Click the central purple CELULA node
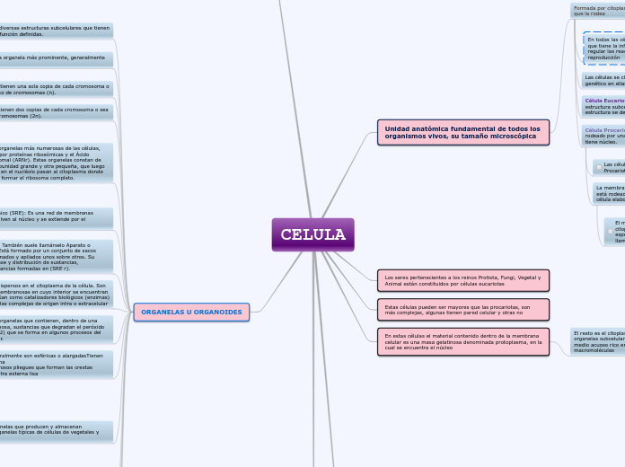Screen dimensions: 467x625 [x=312, y=234]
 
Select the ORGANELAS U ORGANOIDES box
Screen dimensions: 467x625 [x=191, y=312]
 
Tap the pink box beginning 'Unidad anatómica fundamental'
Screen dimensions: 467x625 [x=462, y=132]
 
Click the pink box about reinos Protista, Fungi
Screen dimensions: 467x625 [x=462, y=280]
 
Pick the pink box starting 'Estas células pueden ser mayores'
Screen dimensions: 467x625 [x=462, y=309]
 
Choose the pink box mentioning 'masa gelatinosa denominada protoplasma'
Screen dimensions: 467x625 [x=462, y=341]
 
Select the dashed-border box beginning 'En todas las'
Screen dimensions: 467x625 [x=604, y=48]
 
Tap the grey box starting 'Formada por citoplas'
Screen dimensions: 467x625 [x=597, y=10]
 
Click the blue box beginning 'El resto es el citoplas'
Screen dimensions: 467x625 [x=597, y=341]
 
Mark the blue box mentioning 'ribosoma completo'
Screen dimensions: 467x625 [x=56, y=163]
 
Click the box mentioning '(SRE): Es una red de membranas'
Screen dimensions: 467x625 [x=56, y=217]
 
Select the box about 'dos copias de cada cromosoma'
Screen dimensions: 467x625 [x=56, y=112]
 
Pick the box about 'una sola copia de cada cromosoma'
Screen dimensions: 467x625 [x=56, y=89]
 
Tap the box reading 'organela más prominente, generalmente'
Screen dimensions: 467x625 [x=56, y=59]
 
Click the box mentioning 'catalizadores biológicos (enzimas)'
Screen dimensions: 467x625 [x=56, y=295]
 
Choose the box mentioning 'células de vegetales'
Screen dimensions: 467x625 [x=56, y=431]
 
